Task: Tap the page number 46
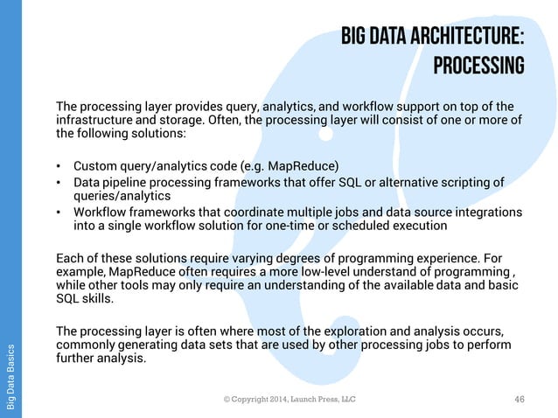pyautogui.click(x=520, y=399)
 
